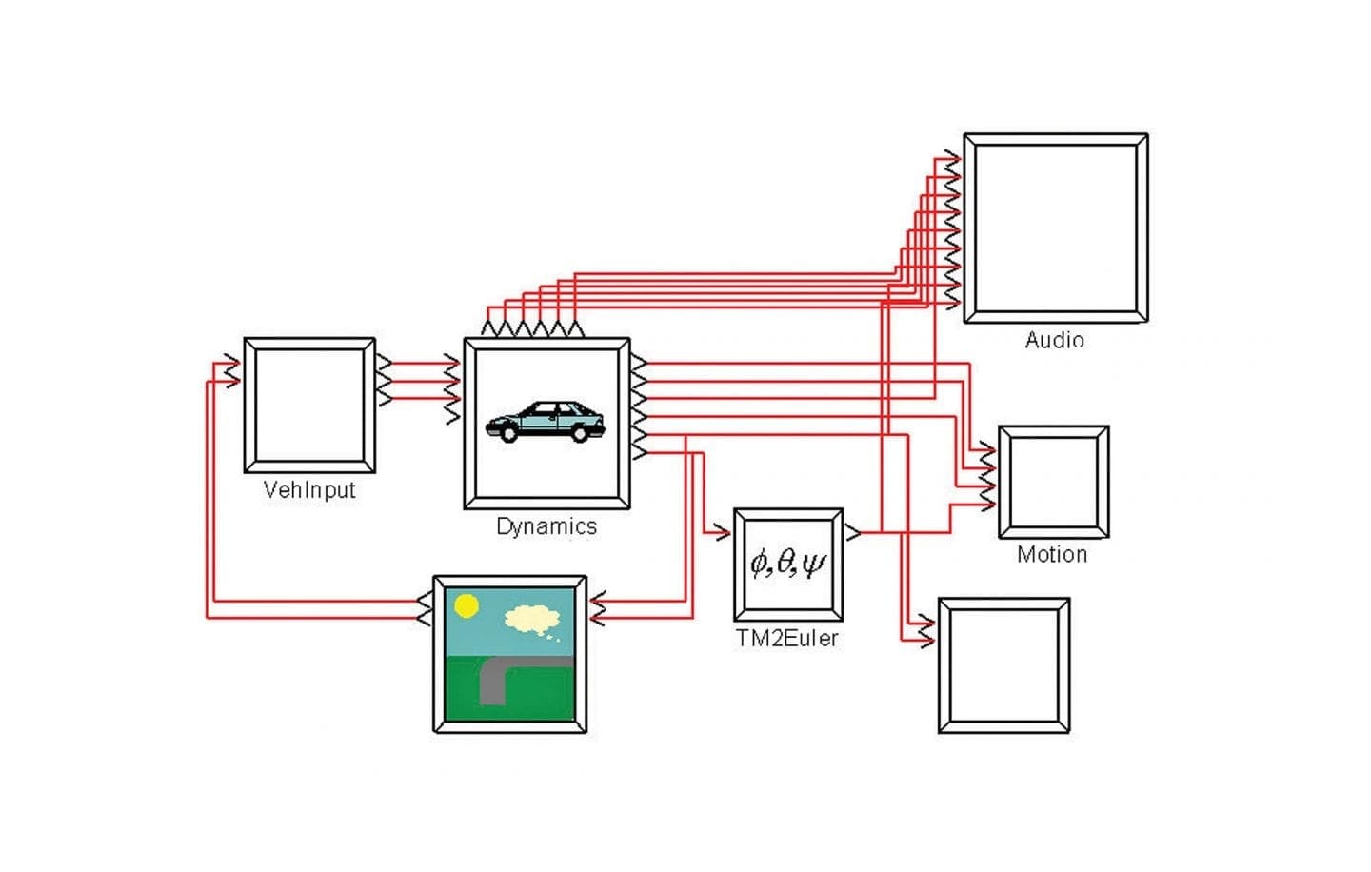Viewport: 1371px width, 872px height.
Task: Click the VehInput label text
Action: coord(308,490)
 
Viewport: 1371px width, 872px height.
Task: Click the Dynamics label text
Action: coord(546,526)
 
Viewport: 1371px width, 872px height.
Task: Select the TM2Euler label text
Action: coord(786,639)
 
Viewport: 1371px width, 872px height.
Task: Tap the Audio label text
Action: coord(1054,340)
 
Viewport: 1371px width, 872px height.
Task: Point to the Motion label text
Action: coord(1051,554)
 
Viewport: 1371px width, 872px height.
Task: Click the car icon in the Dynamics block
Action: coord(546,422)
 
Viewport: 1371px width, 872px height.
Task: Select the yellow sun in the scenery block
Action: coord(467,605)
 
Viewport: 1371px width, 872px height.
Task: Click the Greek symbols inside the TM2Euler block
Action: coord(787,564)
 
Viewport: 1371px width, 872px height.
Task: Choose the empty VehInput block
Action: coord(308,405)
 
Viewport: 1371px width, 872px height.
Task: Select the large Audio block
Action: coord(1055,228)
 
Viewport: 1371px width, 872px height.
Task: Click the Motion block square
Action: coord(1053,482)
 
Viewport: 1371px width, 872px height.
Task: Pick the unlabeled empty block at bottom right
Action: coord(1003,665)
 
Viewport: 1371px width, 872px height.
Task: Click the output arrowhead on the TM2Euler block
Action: coord(853,532)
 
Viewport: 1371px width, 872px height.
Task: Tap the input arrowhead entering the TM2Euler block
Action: coord(723,532)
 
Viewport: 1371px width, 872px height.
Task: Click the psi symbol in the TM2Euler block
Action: coord(813,565)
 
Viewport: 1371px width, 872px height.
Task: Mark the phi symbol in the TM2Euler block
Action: coord(759,565)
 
